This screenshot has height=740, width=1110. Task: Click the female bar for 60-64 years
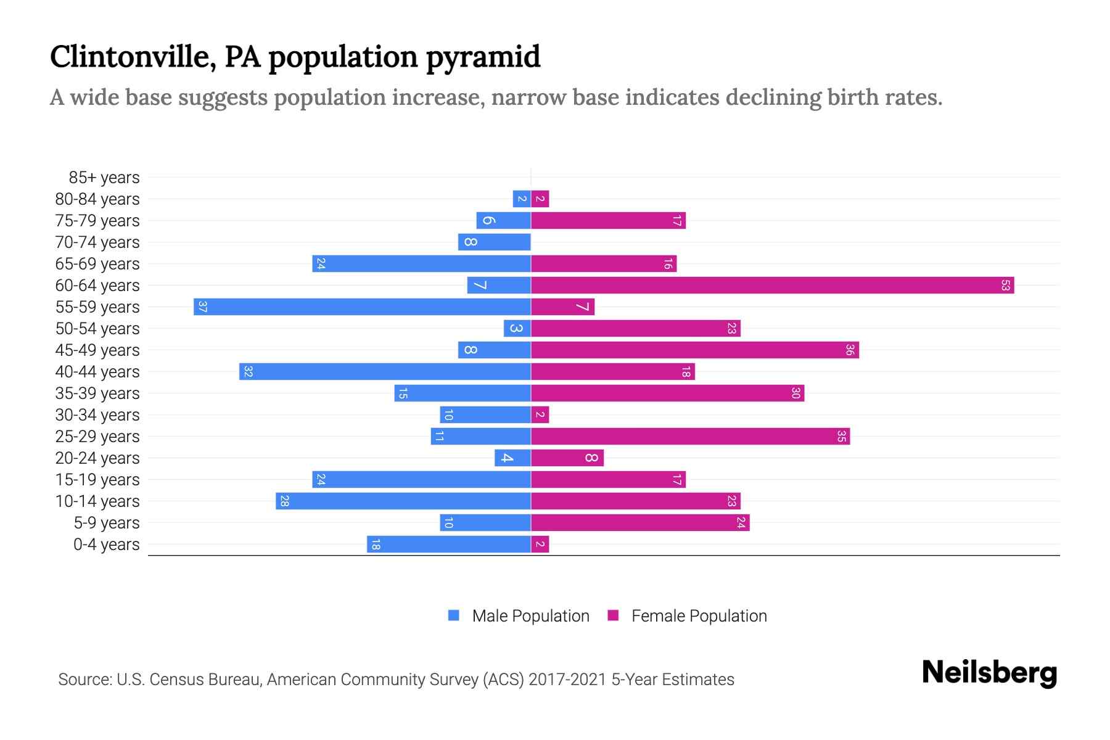point(772,286)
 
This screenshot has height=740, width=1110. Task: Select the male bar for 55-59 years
point(362,307)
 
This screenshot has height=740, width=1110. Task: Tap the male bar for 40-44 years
point(385,372)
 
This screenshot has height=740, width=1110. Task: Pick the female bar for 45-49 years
point(694,350)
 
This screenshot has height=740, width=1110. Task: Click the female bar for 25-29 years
point(690,437)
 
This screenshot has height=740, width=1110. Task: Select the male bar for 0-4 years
point(449,545)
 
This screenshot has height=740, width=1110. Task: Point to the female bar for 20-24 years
point(567,458)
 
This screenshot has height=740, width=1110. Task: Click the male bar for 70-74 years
point(494,242)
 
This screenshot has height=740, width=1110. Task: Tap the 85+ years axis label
point(104,178)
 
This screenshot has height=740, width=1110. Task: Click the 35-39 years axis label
point(97,393)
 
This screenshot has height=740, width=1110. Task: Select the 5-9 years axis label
point(107,523)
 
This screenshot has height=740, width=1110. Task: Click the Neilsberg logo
point(989,673)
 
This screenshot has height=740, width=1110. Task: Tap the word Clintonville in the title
point(132,57)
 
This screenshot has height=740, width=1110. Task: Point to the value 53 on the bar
point(1005,286)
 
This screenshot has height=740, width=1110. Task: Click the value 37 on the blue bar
point(202,307)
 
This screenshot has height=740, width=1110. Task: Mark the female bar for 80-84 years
point(540,199)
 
